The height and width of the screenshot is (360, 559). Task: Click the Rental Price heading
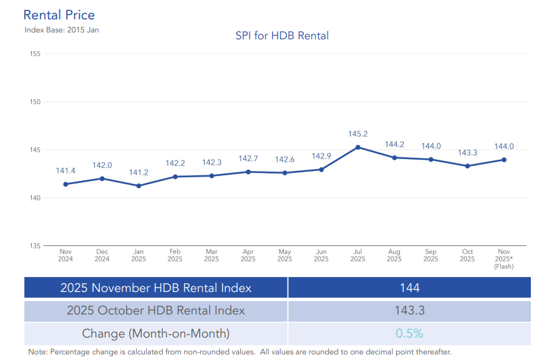coord(59,15)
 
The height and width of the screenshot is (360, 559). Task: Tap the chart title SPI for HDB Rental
coord(282,36)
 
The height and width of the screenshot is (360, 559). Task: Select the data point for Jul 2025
coord(357,147)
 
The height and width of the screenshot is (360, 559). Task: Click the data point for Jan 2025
coord(139,185)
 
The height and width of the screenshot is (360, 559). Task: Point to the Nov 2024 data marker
coord(66,184)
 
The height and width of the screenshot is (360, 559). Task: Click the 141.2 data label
coord(139,172)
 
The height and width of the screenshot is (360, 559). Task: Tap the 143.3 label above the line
coord(467,153)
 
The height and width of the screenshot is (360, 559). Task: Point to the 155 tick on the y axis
coord(34,54)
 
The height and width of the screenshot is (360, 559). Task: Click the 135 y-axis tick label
coord(34,246)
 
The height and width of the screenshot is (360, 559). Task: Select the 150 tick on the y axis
coord(34,102)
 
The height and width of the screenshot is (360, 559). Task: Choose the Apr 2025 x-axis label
coord(248,256)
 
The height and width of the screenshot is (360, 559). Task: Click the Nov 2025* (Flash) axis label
coord(503,259)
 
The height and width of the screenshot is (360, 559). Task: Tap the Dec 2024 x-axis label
coord(102,256)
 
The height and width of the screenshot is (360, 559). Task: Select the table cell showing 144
coord(409,288)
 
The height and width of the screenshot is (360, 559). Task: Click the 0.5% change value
coord(409,333)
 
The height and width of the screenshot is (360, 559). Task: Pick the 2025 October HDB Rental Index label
coord(156,310)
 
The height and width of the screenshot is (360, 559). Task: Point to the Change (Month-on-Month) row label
coord(156,333)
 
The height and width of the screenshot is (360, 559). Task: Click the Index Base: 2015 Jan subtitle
coord(62,29)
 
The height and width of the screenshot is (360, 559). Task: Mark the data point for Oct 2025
coord(467,166)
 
